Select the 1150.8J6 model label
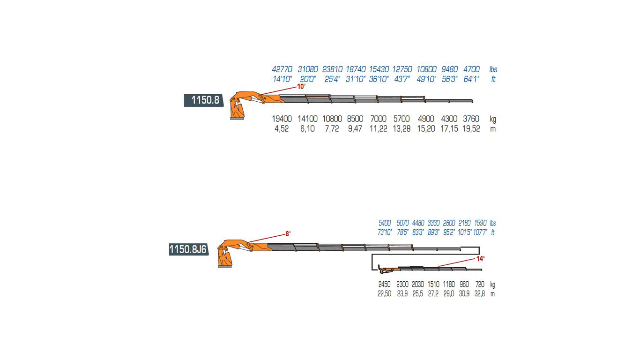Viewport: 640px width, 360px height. (188, 249)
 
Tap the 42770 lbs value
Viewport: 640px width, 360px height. (282, 69)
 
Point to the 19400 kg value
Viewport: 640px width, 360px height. (282, 119)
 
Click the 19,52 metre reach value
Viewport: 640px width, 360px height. (471, 129)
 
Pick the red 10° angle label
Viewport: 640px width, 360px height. (301, 86)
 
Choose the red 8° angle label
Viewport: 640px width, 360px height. (288, 234)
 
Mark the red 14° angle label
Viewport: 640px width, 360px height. (480, 259)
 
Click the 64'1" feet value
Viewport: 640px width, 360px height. (471, 79)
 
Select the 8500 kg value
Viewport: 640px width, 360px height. (355, 119)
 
